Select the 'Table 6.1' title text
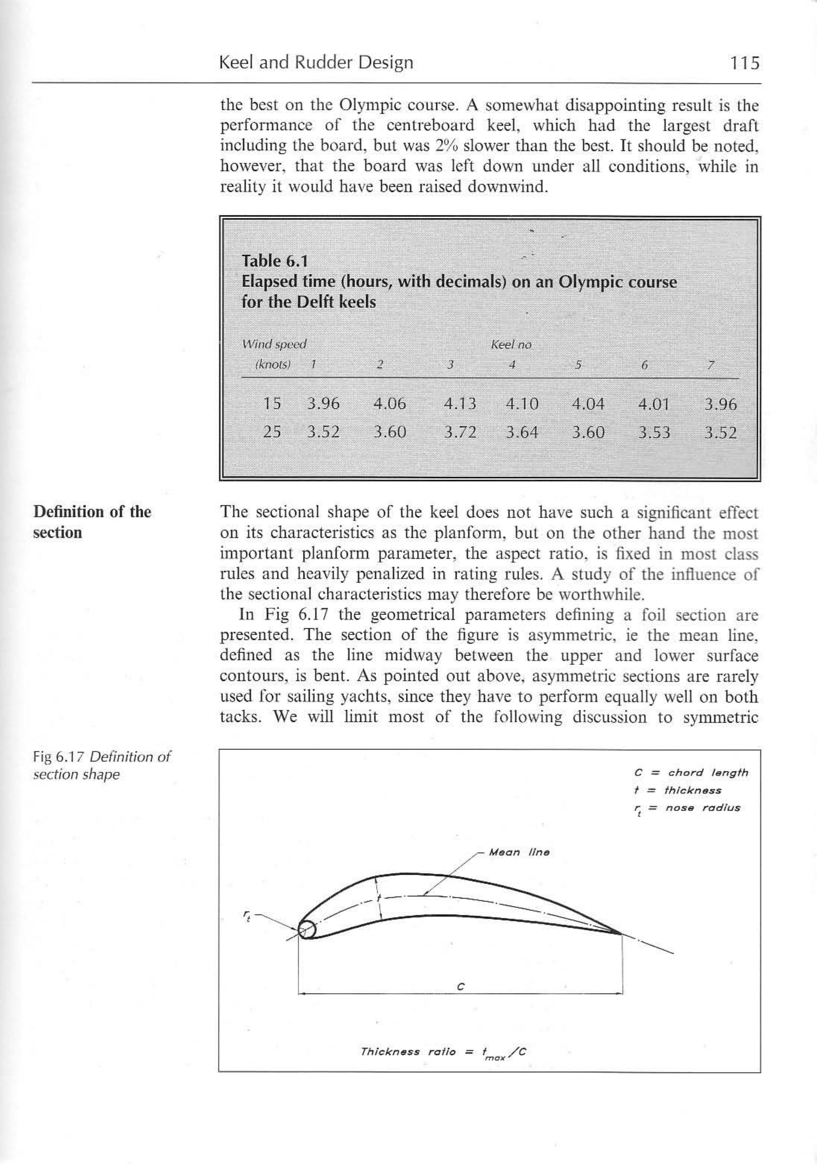pyautogui.click(x=274, y=261)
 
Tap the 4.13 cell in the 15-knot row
pyautogui.click(x=459, y=404)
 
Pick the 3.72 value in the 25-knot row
pyautogui.click(x=459, y=433)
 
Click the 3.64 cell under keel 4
pyautogui.click(x=522, y=433)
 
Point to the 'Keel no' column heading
pyautogui.click(x=511, y=345)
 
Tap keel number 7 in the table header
pyautogui.click(x=711, y=365)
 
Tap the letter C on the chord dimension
pyautogui.click(x=460, y=987)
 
